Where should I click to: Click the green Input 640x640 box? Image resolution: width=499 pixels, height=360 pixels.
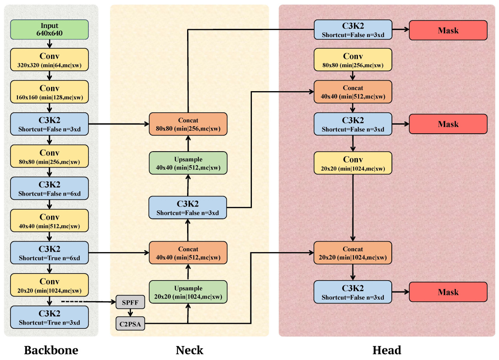pyautogui.click(x=50, y=30)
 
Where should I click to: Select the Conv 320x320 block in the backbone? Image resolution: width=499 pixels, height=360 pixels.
pyautogui.click(x=50, y=58)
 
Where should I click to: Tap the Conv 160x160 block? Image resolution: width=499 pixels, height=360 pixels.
pyautogui.click(x=50, y=90)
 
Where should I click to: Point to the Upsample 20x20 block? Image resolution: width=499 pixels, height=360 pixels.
pyautogui.click(x=188, y=292)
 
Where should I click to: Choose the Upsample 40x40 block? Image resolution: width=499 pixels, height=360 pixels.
pyautogui.click(x=188, y=163)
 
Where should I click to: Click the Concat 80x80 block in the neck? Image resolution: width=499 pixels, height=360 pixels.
pyautogui.click(x=188, y=124)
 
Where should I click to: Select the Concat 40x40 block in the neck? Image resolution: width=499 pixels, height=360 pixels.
pyautogui.click(x=188, y=252)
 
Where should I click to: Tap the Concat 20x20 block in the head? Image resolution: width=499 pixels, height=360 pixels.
pyautogui.click(x=353, y=252)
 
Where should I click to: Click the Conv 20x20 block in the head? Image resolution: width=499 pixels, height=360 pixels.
pyautogui.click(x=353, y=163)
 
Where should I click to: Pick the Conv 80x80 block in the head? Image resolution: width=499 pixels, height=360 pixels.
pyautogui.click(x=353, y=60)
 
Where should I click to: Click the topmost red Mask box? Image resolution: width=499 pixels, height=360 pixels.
pyautogui.click(x=448, y=30)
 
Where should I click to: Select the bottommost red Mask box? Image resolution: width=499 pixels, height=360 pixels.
pyautogui.click(x=448, y=292)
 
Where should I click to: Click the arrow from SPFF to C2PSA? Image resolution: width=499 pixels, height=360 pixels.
pyautogui.click(x=130, y=312)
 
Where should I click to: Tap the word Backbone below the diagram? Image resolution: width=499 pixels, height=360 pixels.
pyautogui.click(x=51, y=350)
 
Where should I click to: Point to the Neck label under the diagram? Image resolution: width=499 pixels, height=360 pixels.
pyautogui.click(x=189, y=350)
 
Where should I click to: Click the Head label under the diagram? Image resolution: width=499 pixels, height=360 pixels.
pyautogui.click(x=387, y=350)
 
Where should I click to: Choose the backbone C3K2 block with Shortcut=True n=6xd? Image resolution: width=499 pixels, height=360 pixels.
pyautogui.click(x=50, y=252)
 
